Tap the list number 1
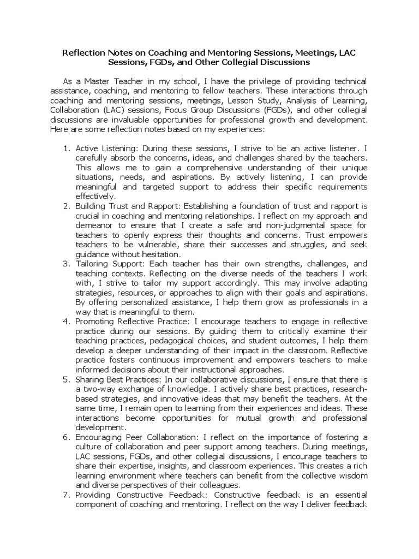[65, 148]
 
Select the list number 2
[65, 206]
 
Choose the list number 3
[65, 264]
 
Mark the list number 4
[65, 322]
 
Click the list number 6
[65, 437]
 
